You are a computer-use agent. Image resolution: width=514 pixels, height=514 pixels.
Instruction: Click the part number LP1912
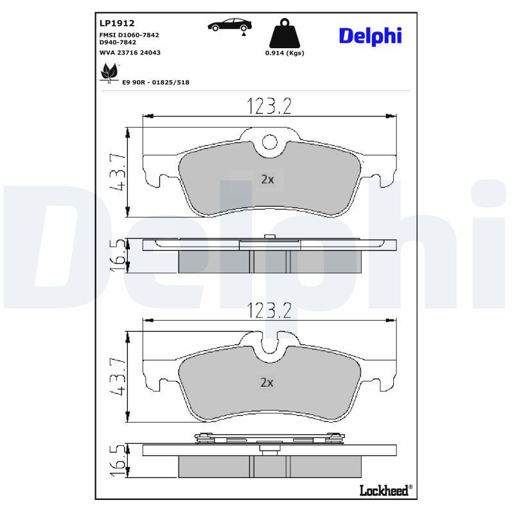point(117,23)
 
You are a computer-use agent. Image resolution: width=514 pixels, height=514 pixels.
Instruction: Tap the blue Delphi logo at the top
point(370,36)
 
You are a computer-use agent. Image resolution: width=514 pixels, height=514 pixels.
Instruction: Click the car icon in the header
point(230,25)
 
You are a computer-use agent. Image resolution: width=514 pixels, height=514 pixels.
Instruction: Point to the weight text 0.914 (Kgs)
point(285,53)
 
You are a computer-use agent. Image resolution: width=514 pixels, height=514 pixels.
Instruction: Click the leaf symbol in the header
point(109,73)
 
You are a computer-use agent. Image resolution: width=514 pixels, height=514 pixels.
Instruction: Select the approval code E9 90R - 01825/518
point(155,82)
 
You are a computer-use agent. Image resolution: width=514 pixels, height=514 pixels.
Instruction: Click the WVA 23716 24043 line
point(130,53)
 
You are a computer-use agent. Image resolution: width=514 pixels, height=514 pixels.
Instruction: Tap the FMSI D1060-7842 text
point(129,35)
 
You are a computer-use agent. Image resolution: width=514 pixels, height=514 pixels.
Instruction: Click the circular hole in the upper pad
point(269,143)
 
